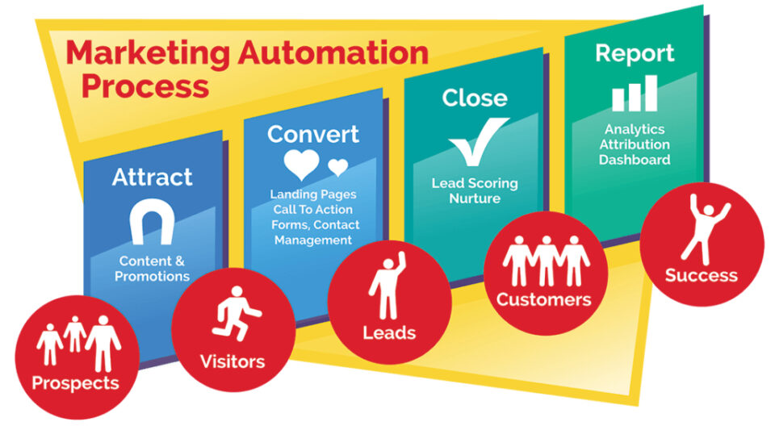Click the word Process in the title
[145, 85]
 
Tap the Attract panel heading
[153, 177]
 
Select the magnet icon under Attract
[153, 222]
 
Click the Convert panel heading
[313, 133]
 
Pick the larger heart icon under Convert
[303, 165]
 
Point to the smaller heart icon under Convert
[338, 167]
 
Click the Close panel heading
[475, 98]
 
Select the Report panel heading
[634, 53]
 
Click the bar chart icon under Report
[634, 94]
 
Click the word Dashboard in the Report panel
[635, 160]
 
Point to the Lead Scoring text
[475, 183]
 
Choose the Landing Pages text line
[313, 194]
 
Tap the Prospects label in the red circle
[75, 382]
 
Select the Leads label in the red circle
[388, 332]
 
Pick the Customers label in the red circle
[543, 299]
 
